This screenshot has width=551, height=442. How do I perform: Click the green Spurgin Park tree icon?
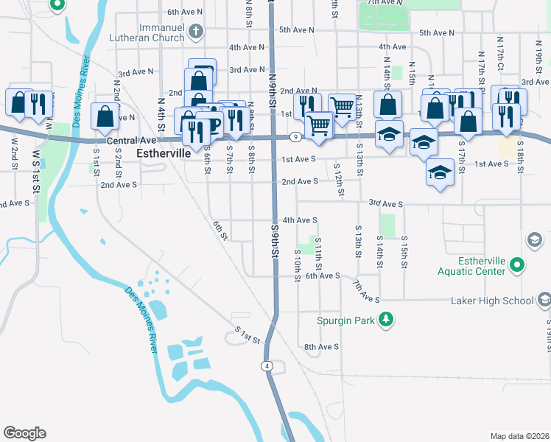coord(385,320)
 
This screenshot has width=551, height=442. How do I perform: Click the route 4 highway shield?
coord(266,366)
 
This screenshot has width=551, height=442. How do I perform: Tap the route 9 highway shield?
coord(294,137)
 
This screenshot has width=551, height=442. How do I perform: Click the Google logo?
coord(24,433)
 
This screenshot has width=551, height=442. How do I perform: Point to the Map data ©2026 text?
coord(519,436)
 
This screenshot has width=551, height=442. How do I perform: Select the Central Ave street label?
coord(132,140)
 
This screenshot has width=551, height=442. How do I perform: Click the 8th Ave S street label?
coord(321,346)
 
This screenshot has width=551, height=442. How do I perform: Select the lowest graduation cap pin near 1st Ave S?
coord(440,173)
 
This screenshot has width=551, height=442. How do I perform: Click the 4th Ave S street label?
coord(300,220)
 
